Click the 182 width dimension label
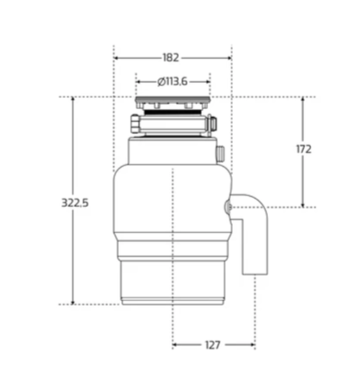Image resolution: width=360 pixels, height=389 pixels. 171,58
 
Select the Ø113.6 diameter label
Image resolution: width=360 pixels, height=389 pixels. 172,81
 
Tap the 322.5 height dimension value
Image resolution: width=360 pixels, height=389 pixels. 75,203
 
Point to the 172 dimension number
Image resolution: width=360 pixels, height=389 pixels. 304,149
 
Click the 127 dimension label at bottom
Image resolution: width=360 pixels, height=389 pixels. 213,345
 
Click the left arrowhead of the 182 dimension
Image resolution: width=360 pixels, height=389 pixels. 116,58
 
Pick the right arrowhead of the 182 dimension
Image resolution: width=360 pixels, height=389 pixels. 229,58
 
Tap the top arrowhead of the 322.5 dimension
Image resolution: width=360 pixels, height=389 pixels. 73,99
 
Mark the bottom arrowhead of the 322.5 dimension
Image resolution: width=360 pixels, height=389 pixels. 73,302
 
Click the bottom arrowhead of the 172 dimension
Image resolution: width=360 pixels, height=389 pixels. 303,204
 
